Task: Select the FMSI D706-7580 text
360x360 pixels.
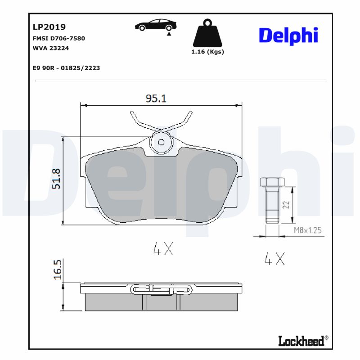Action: pyautogui.click(x=59, y=38)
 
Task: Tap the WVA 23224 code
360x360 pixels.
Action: pyautogui.click(x=51, y=48)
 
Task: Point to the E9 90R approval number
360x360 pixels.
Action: pyautogui.click(x=66, y=68)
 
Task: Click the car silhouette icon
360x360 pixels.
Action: pyautogui.click(x=156, y=25)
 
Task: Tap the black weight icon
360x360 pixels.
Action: pyautogui.click(x=207, y=34)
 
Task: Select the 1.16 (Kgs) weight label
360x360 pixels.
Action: pyautogui.click(x=207, y=52)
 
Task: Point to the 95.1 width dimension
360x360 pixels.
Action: pyautogui.click(x=156, y=98)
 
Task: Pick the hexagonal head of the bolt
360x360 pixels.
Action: pyautogui.click(x=272, y=182)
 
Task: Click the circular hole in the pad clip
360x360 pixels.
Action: pyautogui.click(x=162, y=142)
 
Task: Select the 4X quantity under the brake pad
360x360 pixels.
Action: pyautogui.click(x=163, y=249)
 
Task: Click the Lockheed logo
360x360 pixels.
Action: pyautogui.click(x=302, y=341)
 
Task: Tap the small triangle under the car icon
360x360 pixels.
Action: pyautogui.click(x=169, y=33)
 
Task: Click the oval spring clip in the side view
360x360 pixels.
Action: pyautogui.click(x=162, y=289)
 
